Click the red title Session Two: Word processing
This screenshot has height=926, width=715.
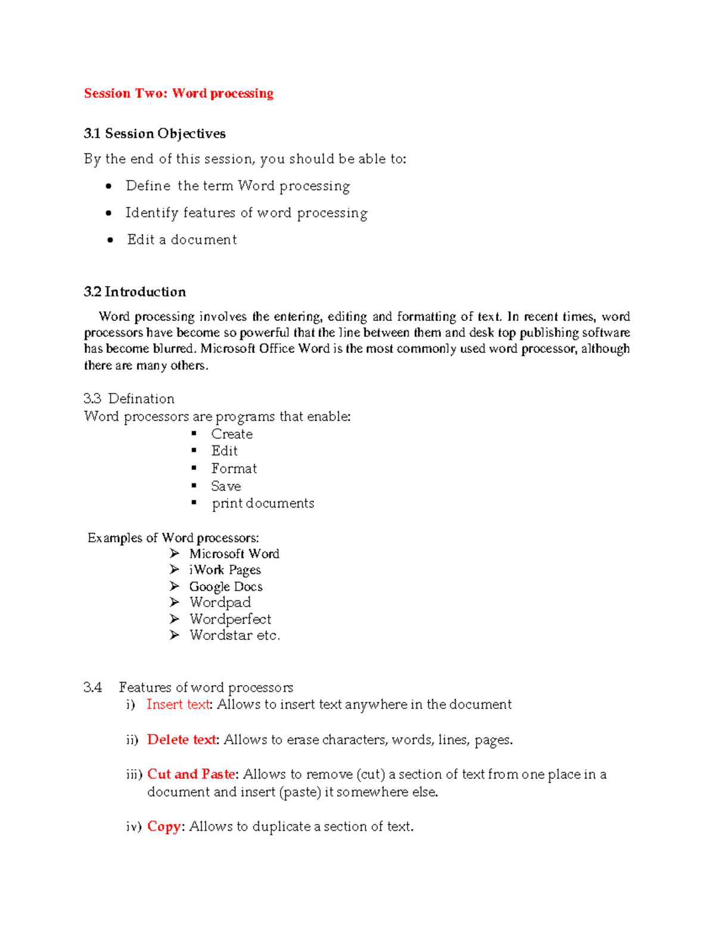[x=179, y=94]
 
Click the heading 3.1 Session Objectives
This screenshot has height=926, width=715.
[x=154, y=134]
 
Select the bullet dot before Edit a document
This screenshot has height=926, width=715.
[x=110, y=240]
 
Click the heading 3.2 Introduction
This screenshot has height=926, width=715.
[x=135, y=292]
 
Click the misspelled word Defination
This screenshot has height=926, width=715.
[x=141, y=398]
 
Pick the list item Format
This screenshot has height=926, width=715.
[x=234, y=469]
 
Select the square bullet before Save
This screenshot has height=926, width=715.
[x=194, y=486]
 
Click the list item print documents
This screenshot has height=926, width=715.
[x=263, y=503]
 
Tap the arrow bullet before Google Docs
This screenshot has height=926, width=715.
[x=174, y=586]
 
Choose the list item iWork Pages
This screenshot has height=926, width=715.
[x=225, y=570]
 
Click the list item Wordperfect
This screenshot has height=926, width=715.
[x=230, y=619]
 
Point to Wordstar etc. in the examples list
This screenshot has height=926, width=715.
[x=234, y=635]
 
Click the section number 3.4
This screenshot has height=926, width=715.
[x=92, y=687]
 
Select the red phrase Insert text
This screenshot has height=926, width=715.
[x=178, y=704]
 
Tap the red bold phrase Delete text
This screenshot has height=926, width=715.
[x=182, y=739]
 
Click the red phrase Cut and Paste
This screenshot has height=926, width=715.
[x=191, y=774]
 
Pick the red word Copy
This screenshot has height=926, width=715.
[x=164, y=826]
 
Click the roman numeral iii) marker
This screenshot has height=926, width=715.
[x=134, y=775]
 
